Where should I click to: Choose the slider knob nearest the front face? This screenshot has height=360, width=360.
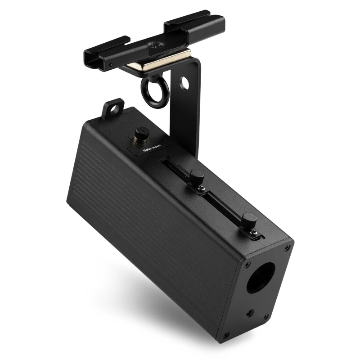[x=249, y=220]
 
